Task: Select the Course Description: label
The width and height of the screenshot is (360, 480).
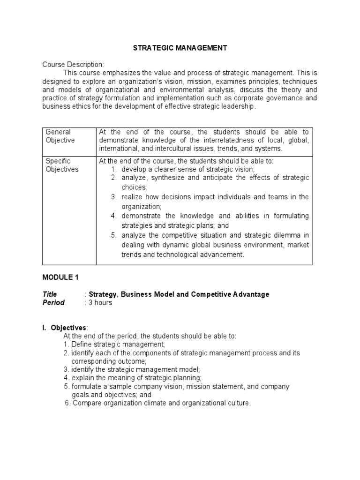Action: [x=73, y=64]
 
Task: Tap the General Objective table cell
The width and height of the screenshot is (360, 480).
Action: [x=60, y=136]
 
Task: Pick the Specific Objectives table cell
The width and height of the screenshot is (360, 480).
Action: [x=62, y=165]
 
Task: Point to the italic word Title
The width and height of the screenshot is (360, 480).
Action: [x=50, y=294]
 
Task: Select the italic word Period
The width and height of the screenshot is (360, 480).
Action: [x=53, y=303]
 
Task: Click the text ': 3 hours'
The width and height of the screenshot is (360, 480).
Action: [x=98, y=303]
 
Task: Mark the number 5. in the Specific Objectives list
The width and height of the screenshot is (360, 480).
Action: [x=114, y=235]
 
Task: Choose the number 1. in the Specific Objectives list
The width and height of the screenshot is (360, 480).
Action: [x=114, y=169]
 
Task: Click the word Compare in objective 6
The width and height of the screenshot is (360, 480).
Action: [x=86, y=403]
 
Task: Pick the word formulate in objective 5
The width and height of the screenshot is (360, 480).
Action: [x=86, y=386]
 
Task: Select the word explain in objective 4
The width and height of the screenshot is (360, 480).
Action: [x=83, y=378]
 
